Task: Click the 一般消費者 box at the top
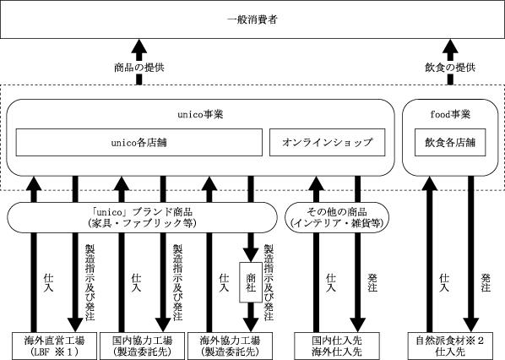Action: click(252, 19)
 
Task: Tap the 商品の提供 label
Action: click(139, 68)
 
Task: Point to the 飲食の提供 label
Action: click(450, 68)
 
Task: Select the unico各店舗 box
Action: click(139, 143)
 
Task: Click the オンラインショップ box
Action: click(327, 143)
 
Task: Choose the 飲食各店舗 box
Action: click(450, 143)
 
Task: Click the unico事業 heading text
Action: click(200, 114)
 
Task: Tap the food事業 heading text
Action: click(450, 114)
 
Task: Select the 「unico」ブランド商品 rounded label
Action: click(142, 217)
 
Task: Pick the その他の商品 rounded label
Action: click(337, 217)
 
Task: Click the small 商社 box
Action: click(251, 282)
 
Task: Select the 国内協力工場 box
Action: click(143, 346)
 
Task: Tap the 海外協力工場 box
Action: click(230, 346)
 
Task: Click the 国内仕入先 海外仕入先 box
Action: click(337, 346)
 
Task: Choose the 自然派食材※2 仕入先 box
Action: click(450, 346)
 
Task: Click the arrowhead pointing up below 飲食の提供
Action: click(450, 46)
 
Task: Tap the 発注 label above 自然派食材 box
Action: click(486, 282)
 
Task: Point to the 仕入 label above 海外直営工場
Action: click(48, 282)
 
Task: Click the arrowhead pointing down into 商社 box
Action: click(251, 255)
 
